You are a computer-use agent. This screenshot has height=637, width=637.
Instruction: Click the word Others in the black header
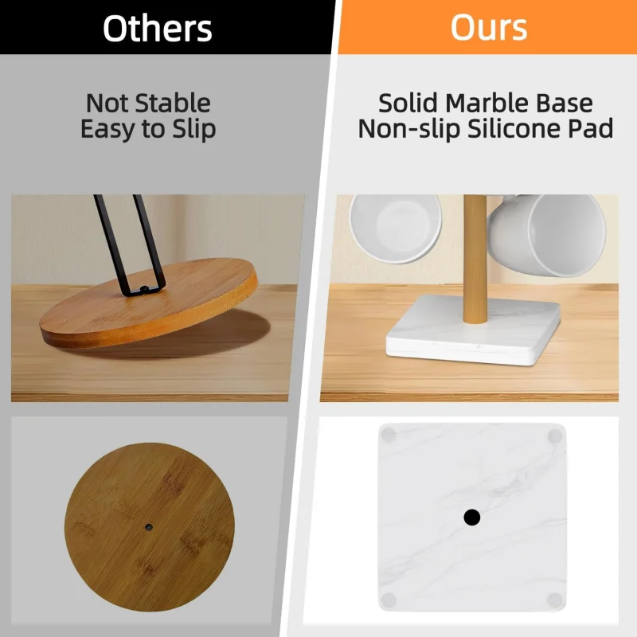click(x=158, y=28)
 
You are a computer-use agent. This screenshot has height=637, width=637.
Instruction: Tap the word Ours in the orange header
click(x=488, y=28)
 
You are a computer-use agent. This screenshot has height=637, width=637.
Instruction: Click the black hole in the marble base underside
click(x=471, y=518)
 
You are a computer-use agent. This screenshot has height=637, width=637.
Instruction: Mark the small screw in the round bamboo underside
click(x=149, y=526)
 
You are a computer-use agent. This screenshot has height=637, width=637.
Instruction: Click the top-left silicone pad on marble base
click(x=389, y=436)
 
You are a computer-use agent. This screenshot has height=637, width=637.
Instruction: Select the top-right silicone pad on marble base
click(x=555, y=436)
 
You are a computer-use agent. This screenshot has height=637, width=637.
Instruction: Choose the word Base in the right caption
click(x=565, y=104)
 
